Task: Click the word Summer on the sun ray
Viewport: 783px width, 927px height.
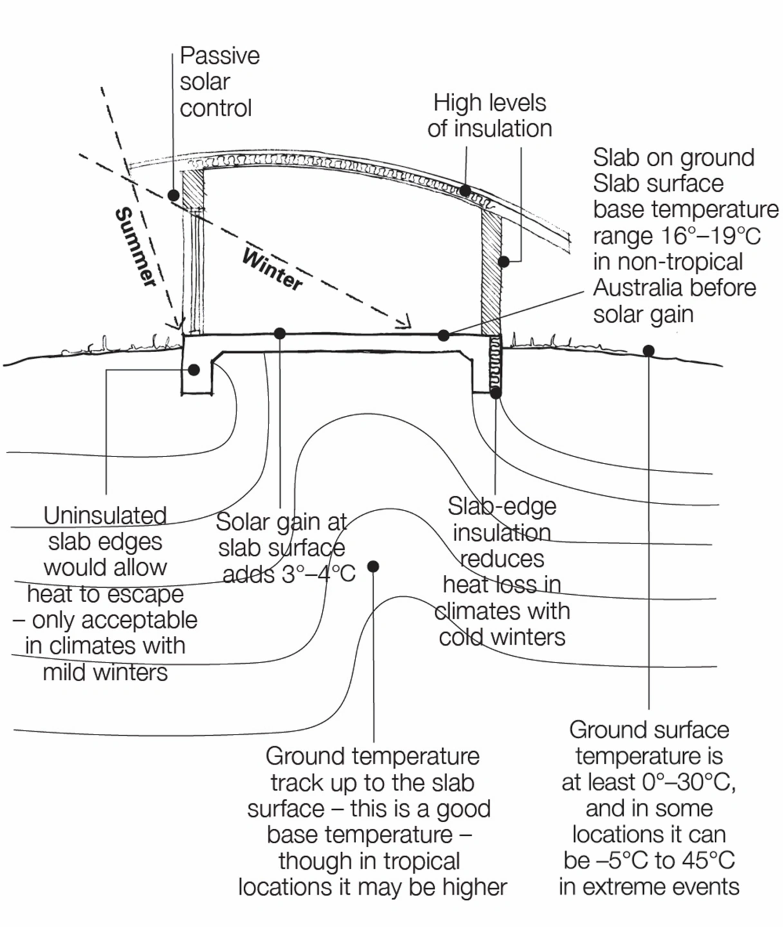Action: pos(136,247)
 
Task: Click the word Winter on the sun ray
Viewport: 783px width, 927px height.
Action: pos(272,269)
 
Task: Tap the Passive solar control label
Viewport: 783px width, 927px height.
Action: pos(218,82)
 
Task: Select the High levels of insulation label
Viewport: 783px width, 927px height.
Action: pos(489,115)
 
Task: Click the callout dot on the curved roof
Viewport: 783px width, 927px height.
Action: pos(465,191)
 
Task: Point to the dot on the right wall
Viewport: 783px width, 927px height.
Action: pos(504,261)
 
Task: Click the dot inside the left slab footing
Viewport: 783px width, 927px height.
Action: pos(194,370)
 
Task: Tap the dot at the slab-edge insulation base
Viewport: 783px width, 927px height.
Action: pos(496,392)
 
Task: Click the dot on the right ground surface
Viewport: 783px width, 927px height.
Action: pos(648,351)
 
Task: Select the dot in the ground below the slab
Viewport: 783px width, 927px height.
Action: pos(373,566)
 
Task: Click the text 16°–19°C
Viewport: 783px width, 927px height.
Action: pos(708,236)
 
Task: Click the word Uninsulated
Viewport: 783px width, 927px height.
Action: pos(105,515)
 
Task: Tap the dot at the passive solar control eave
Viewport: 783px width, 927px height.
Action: pos(173,195)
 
